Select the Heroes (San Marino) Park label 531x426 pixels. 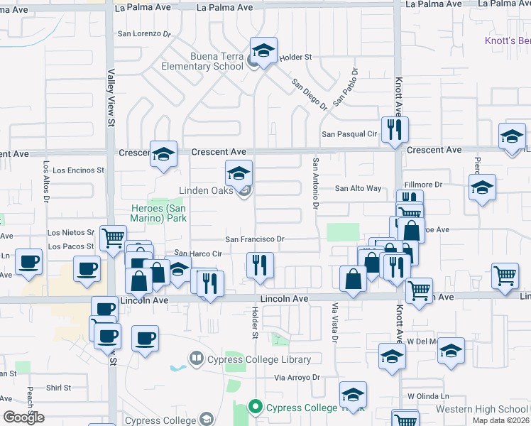(158, 213)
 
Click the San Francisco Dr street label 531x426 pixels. (255, 239)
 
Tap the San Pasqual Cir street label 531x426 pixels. (349, 133)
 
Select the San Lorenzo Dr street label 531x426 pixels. (145, 33)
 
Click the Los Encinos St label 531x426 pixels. (78, 170)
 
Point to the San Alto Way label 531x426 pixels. (358, 188)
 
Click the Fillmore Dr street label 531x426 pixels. (424, 185)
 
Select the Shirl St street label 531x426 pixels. (58, 388)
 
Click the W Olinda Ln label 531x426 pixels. (429, 395)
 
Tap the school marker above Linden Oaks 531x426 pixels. (239, 173)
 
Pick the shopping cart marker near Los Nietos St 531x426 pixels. (114, 238)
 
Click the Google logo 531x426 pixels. (23, 417)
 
